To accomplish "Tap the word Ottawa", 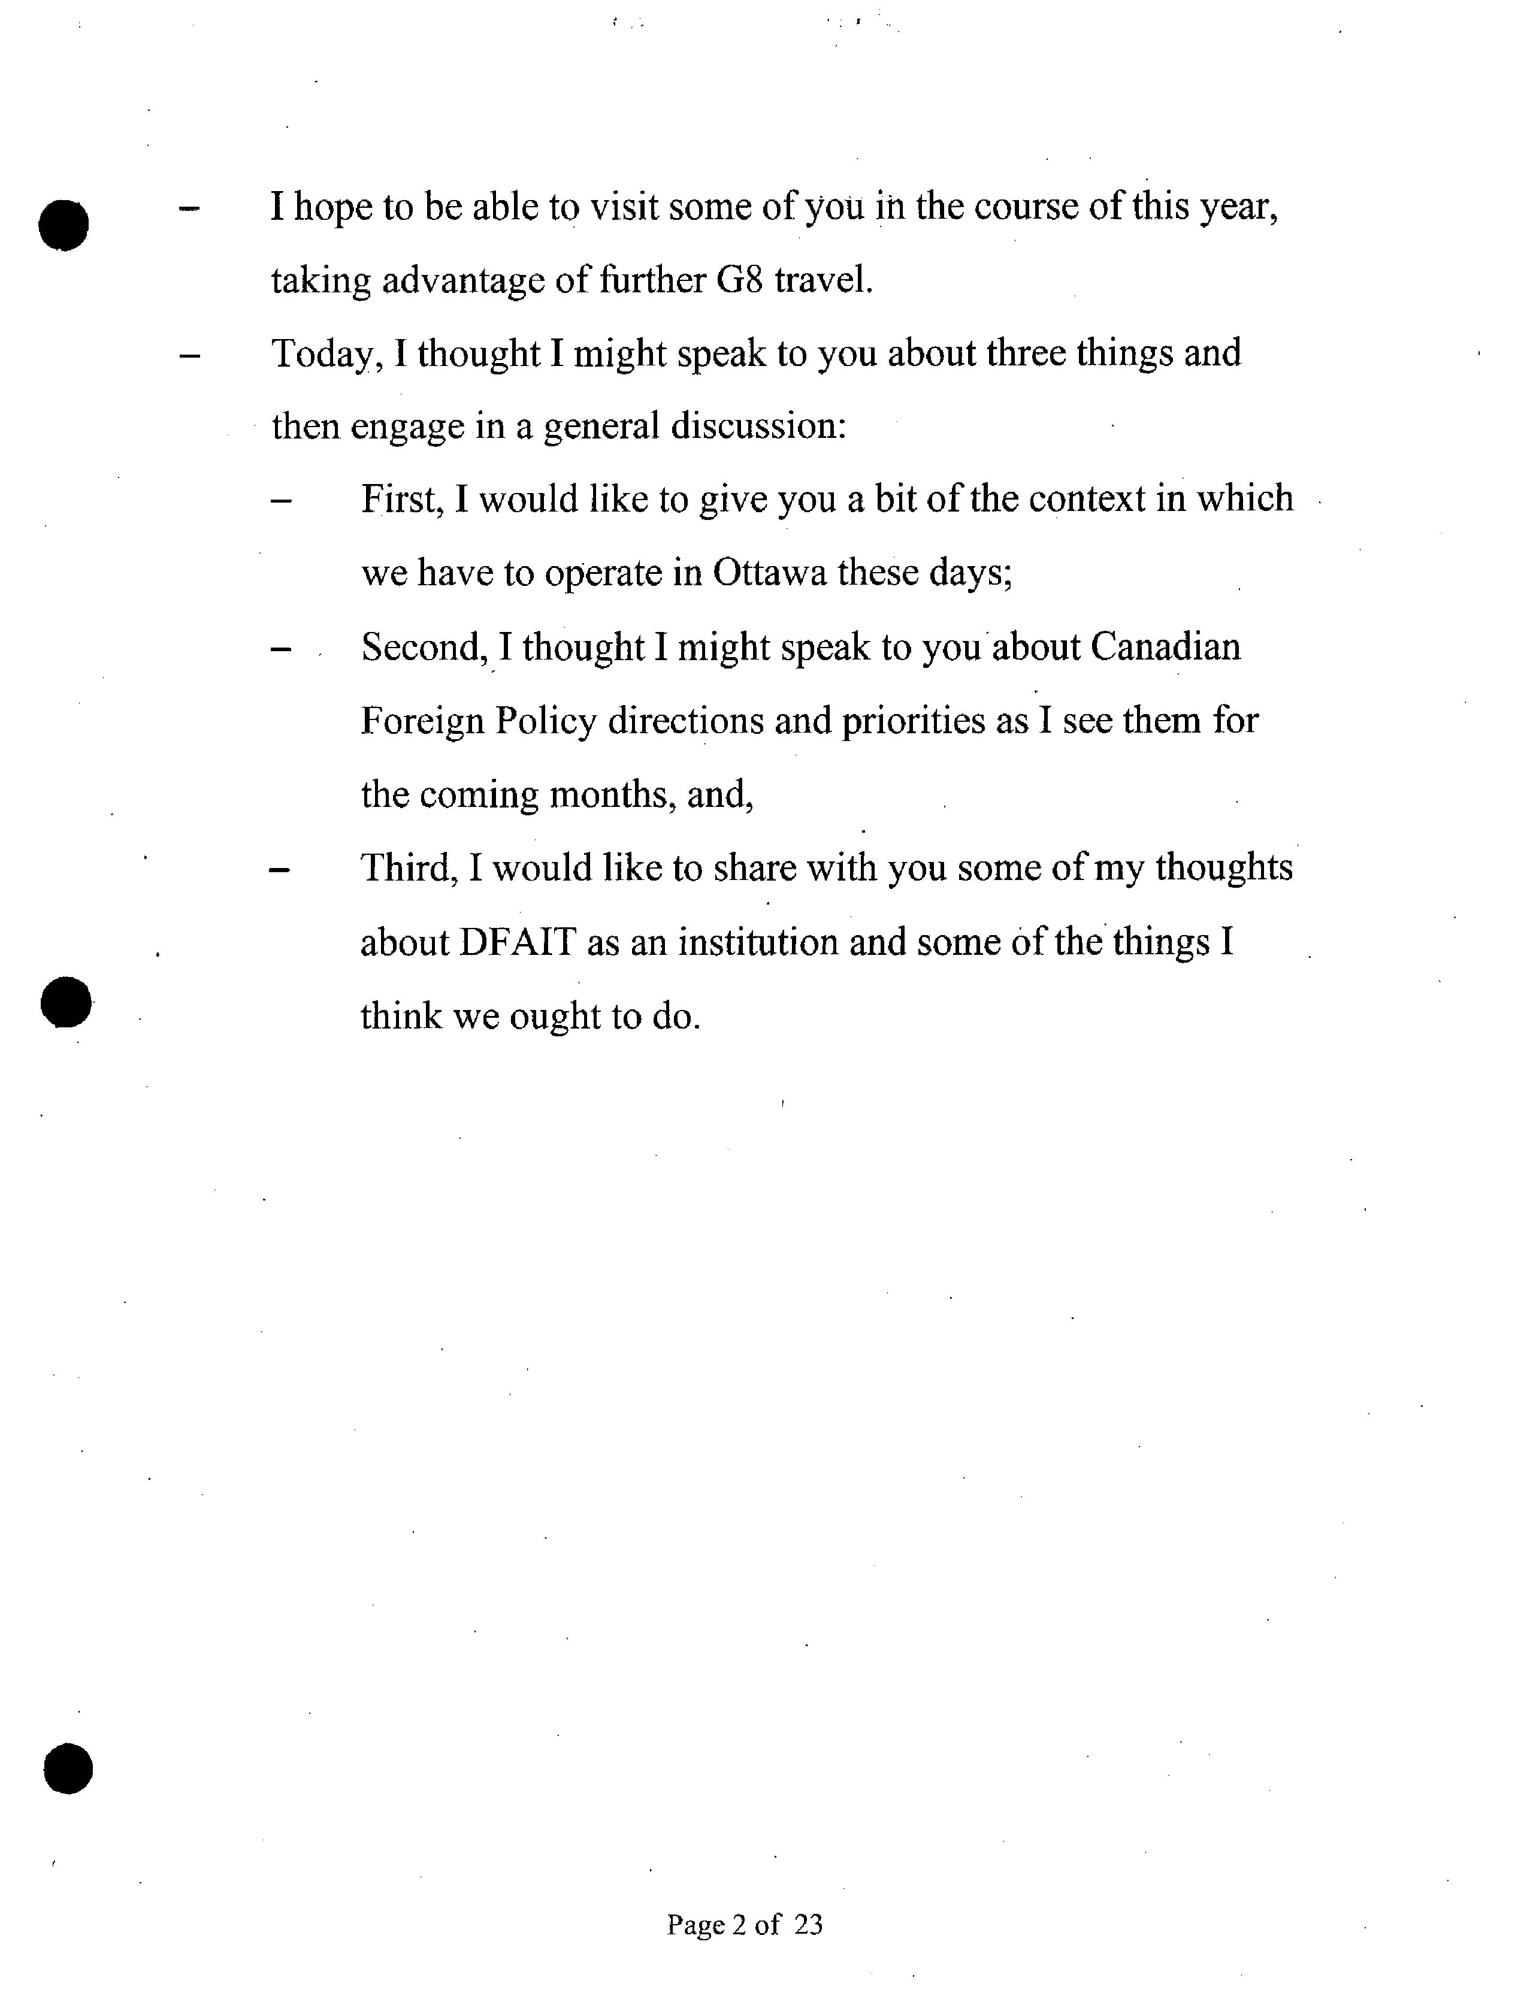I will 769,573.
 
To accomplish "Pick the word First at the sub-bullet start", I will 401,500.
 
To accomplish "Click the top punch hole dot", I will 63,223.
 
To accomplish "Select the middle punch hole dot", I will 66,1002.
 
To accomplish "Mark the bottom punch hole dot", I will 68,1769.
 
